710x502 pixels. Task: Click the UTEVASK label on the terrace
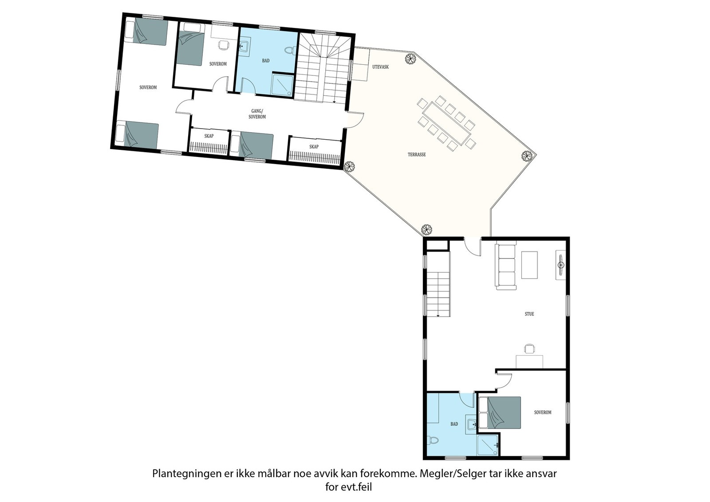pyautogui.click(x=380, y=67)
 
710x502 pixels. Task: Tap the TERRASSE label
pyautogui.click(x=417, y=155)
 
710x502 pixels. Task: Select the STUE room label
pyautogui.click(x=529, y=314)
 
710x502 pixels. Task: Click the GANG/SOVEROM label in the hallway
pyautogui.click(x=257, y=114)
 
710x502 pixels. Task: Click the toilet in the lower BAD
pyautogui.click(x=433, y=440)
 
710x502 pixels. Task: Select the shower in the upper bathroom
pyautogui.click(x=281, y=84)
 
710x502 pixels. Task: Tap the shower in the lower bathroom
pyautogui.click(x=488, y=445)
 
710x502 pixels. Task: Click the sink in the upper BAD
pyautogui.click(x=244, y=46)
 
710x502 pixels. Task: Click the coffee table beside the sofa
pyautogui.click(x=529, y=265)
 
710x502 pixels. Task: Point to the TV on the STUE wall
pyautogui.click(x=560, y=265)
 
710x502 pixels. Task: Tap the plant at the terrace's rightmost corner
pyautogui.click(x=526, y=156)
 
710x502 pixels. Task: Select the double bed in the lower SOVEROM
pyautogui.click(x=500, y=413)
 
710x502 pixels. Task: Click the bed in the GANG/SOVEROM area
pyautogui.click(x=252, y=146)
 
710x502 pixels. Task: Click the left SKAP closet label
pyautogui.click(x=209, y=136)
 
